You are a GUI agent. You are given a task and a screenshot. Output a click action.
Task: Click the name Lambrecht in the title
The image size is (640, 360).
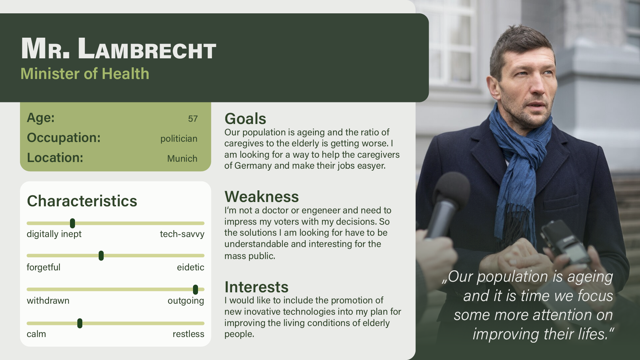tap(147, 49)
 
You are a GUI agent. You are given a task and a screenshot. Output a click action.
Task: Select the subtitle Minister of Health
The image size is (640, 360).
tap(85, 74)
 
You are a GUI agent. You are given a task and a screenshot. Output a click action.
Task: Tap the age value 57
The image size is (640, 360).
tap(193, 119)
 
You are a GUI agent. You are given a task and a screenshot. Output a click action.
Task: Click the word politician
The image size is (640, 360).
tap(179, 139)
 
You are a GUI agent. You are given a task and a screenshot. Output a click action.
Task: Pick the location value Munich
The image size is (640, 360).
tap(182, 159)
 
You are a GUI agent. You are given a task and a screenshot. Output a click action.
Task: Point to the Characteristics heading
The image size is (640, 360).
tap(82, 201)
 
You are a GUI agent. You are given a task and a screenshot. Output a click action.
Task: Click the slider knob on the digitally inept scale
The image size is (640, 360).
tap(72, 223)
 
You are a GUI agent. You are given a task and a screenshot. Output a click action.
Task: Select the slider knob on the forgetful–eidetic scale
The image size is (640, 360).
tap(101, 256)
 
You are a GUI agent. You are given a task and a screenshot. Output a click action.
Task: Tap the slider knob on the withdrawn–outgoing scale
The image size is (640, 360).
tap(195, 290)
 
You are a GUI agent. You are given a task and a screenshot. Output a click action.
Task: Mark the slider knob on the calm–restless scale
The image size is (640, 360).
tap(80, 323)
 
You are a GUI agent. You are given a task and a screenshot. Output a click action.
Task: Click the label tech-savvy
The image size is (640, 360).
tap(182, 234)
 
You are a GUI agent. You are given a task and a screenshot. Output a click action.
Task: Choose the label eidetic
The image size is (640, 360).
tap(190, 267)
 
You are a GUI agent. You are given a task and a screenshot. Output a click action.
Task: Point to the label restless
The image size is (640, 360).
tap(188, 334)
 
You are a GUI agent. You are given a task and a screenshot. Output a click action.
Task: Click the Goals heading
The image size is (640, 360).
tap(245, 119)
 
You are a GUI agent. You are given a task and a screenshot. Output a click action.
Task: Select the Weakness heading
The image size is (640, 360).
tap(262, 197)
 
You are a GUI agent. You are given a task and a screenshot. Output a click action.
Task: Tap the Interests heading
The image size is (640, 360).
tap(256, 287)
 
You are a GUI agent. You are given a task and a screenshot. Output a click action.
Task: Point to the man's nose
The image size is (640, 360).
tap(538, 87)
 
